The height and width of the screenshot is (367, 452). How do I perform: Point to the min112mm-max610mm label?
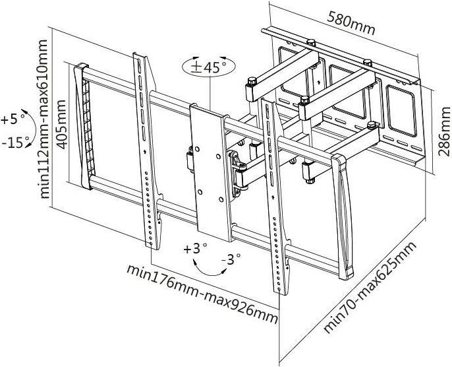[x=44, y=119]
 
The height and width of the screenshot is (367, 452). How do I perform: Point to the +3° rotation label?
[x=195, y=250]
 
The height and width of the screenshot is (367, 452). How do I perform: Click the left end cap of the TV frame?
[x=81, y=125]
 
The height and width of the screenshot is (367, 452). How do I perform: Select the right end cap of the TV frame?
[x=343, y=215]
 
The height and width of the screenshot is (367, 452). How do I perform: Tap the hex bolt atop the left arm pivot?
[x=251, y=83]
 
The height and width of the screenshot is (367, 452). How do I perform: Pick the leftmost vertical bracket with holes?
[x=148, y=152]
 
